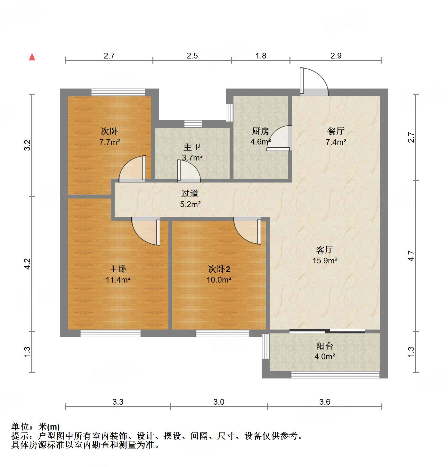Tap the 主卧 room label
(118, 269)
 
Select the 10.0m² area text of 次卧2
(219, 280)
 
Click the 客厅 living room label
(325, 250)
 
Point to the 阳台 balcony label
(325, 346)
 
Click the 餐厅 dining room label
(336, 131)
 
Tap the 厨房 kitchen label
(260, 131)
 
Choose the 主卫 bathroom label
(192, 147)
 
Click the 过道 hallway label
(190, 193)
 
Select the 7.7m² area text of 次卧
(110, 142)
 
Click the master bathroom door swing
(188, 171)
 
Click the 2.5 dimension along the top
(192, 56)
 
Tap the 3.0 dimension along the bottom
(219, 402)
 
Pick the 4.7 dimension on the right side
(411, 256)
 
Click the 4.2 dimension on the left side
(28, 264)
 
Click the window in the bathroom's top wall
(193, 124)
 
